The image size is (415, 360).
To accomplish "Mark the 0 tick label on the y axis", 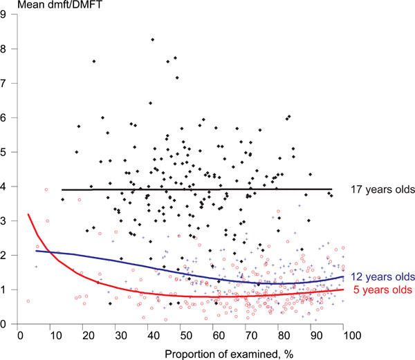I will coord(8,324).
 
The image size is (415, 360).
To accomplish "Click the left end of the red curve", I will coord(28,214).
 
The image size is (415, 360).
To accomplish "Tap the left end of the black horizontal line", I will coord(62,189).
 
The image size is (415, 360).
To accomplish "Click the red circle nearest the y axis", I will coord(28,301).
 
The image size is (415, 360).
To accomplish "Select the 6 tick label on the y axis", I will coord(8,117).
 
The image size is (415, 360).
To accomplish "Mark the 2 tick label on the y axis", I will coord(8,256).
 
